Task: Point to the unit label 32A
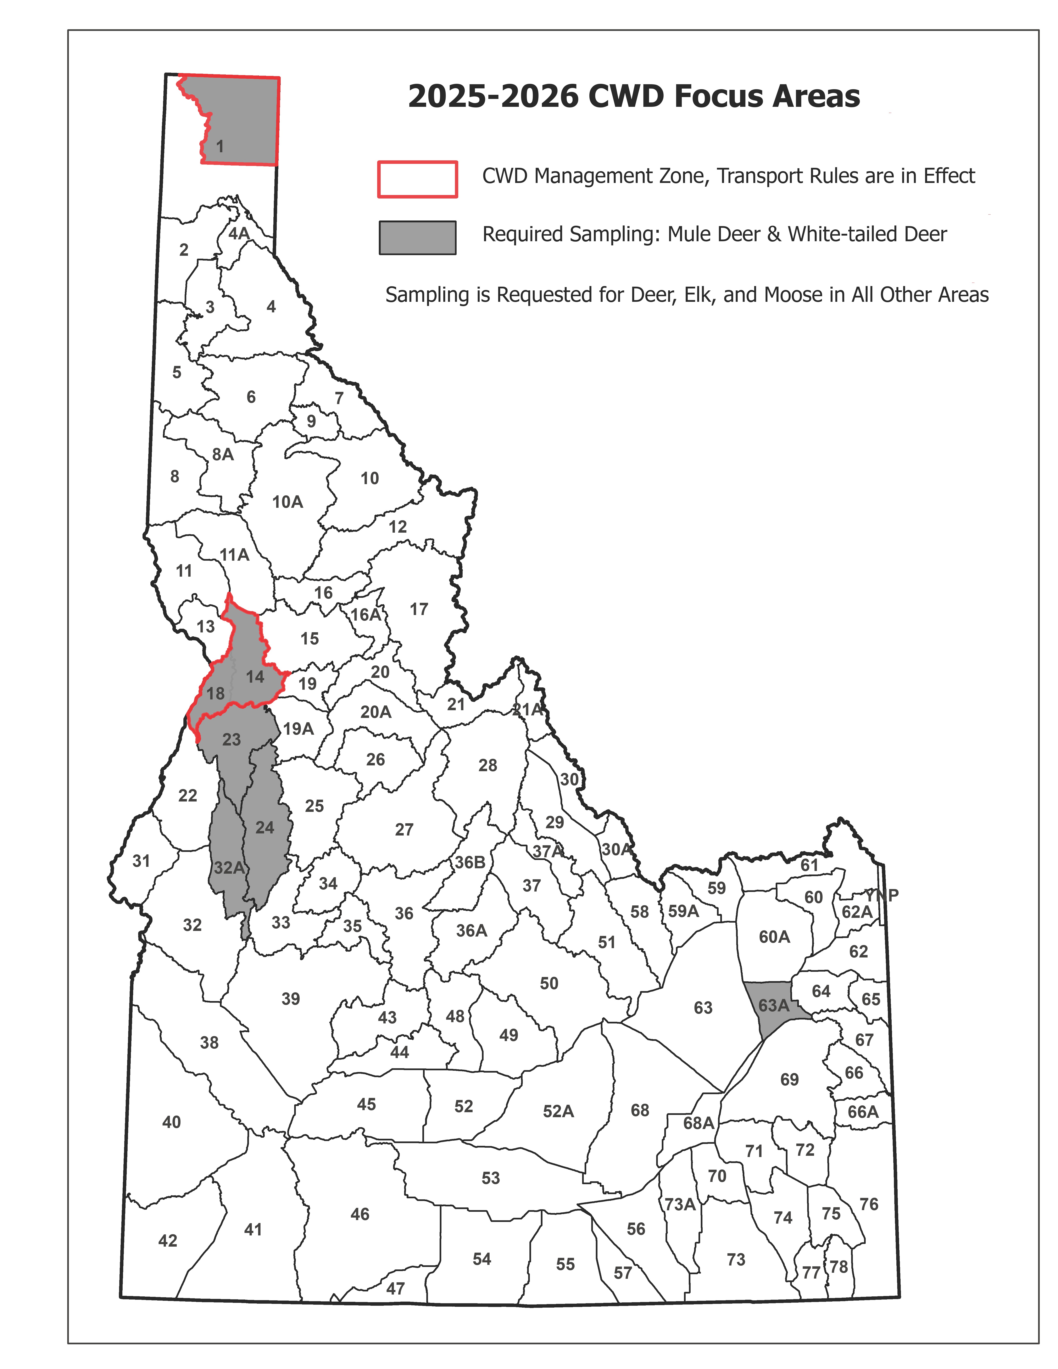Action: pyautogui.click(x=229, y=867)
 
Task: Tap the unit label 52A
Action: pyautogui.click(x=558, y=1111)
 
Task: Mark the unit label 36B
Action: pyautogui.click(x=469, y=862)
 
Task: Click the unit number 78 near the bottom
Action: pyautogui.click(x=839, y=1267)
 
